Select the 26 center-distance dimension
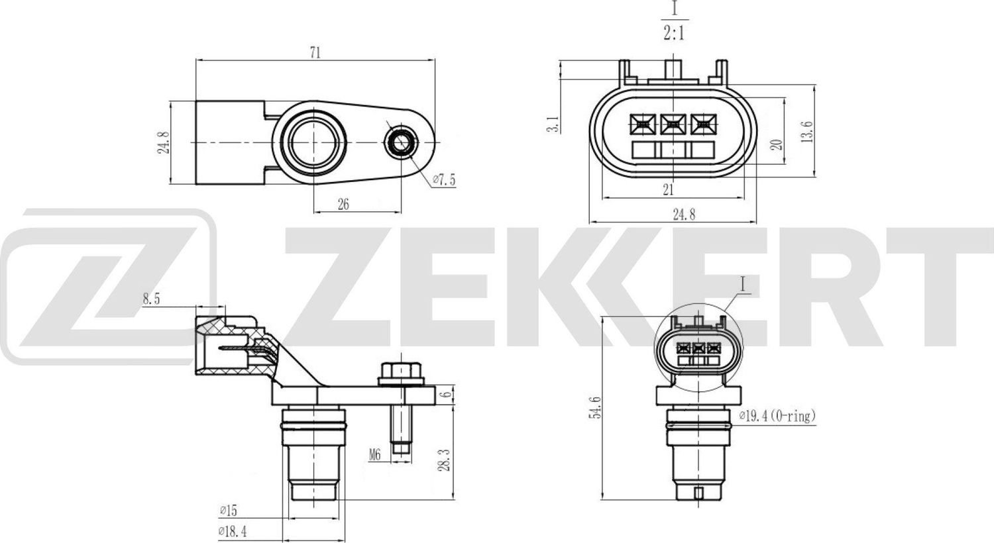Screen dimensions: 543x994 (343, 204)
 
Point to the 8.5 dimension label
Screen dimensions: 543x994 (150, 299)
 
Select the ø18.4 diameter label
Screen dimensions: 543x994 (232, 531)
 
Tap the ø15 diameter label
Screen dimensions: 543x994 (229, 510)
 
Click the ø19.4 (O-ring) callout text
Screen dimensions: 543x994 (777, 416)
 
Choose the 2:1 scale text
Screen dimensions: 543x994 (674, 33)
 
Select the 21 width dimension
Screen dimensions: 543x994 (668, 190)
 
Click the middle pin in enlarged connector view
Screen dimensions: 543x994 (673, 122)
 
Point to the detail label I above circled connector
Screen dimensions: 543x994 (744, 286)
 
